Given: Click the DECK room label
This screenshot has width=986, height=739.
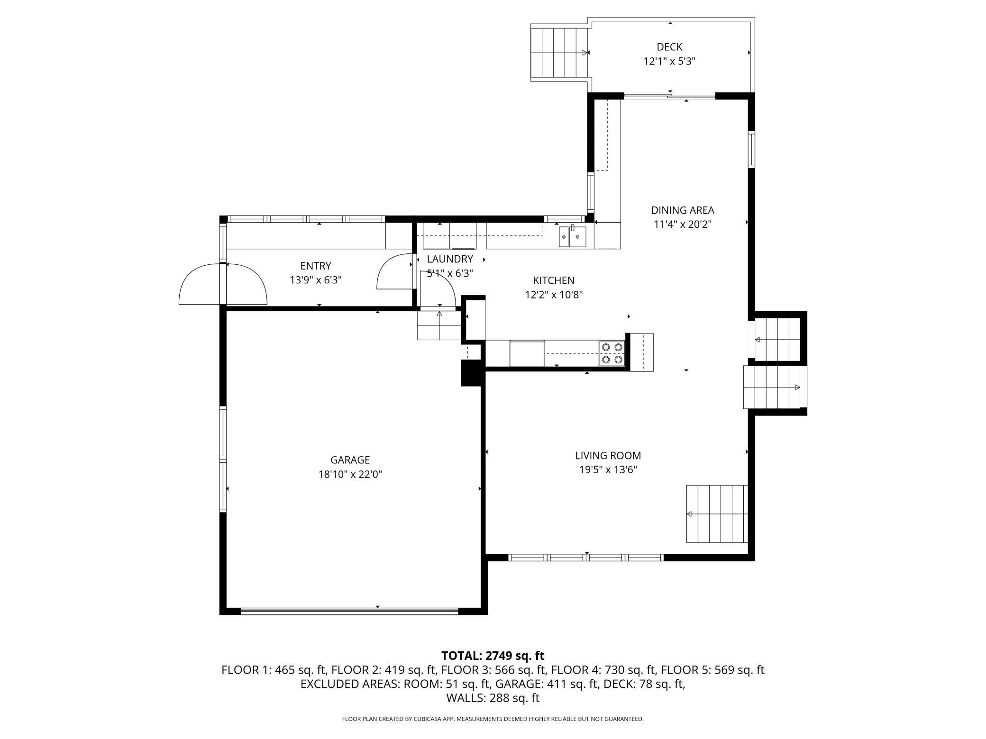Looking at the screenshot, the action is (x=669, y=47).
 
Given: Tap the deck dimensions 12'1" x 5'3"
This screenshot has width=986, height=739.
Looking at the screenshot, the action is (x=669, y=61).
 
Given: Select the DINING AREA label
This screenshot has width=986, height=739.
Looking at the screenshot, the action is (x=683, y=210).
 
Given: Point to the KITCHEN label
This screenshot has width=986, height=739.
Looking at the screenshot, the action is (x=554, y=280).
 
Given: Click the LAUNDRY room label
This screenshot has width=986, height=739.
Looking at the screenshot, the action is (x=450, y=259).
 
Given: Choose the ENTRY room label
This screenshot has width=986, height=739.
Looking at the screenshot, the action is (x=316, y=266).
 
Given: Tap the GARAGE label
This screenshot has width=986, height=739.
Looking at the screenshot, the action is (x=350, y=460).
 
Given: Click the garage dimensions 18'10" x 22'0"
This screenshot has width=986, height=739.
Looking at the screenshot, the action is (x=350, y=474).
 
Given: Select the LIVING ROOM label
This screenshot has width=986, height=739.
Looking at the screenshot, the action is (x=608, y=456).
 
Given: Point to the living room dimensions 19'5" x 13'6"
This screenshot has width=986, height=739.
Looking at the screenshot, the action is (x=608, y=470).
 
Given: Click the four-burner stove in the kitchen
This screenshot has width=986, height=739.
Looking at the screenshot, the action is (x=612, y=353).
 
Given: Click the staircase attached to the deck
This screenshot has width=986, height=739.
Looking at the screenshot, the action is (x=559, y=53).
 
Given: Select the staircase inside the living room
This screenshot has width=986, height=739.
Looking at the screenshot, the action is (x=717, y=514).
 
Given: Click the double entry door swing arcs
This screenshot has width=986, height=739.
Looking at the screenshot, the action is (x=223, y=283).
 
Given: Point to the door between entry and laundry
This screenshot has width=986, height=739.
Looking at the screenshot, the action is (x=394, y=271).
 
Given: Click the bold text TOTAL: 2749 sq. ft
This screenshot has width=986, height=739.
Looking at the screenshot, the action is (x=493, y=656).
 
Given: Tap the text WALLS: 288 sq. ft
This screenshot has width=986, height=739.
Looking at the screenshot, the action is (x=493, y=698).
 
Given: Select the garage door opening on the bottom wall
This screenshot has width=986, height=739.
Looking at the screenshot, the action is (x=349, y=612).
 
